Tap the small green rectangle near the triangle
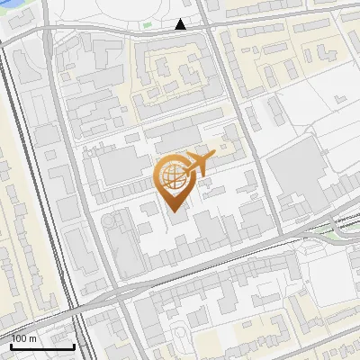[147, 23]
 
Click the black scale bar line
[42, 346]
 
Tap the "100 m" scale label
[24, 338]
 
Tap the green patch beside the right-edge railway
[334, 235]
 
